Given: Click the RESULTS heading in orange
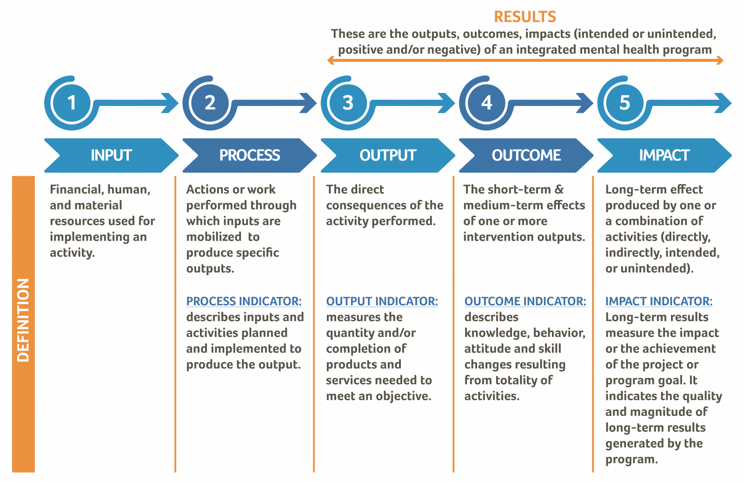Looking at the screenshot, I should [x=525, y=17].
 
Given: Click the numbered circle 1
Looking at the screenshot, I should [x=72, y=103].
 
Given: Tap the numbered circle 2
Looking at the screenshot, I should [x=210, y=103].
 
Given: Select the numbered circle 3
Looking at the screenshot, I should [x=348, y=103].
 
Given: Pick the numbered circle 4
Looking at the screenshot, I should [x=486, y=103].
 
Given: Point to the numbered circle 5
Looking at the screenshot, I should [x=624, y=103].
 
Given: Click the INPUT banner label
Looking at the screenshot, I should [x=111, y=155].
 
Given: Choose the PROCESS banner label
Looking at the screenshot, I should [x=249, y=155].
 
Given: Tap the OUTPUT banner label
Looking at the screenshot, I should [x=388, y=155].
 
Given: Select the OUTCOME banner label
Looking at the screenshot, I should [x=526, y=155].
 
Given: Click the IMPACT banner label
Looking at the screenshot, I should [x=664, y=155].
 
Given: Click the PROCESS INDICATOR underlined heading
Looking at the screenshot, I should [x=244, y=301].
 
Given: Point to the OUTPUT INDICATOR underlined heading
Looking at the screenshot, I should [x=382, y=301].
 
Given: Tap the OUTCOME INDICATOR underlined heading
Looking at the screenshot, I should [x=525, y=301].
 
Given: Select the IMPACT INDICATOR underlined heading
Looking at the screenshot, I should [x=658, y=301].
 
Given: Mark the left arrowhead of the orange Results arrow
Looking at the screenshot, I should [x=331, y=60].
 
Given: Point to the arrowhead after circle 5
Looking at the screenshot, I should [x=723, y=103].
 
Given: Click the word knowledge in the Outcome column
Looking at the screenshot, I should [x=496, y=333].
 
